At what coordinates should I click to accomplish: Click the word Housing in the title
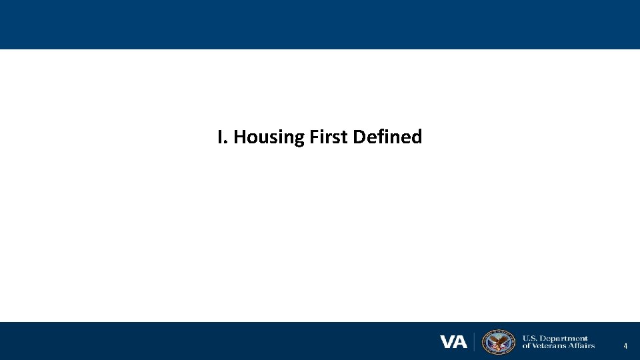[269, 137]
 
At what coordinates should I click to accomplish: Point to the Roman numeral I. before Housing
[222, 137]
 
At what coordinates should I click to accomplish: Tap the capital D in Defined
[359, 137]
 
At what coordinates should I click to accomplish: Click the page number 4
[625, 346]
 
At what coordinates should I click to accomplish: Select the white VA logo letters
[453, 342]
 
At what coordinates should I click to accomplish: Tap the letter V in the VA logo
[447, 342]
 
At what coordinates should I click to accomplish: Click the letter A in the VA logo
[461, 342]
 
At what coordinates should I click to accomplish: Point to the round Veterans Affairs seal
[499, 341]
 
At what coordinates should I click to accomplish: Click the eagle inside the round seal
[499, 342]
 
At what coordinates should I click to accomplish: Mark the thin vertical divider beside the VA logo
[474, 341]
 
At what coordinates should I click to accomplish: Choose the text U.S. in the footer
[531, 338]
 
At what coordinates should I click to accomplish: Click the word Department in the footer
[565, 338]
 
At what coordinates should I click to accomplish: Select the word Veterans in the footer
[549, 345]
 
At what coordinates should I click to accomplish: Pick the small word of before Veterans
[526, 345]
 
